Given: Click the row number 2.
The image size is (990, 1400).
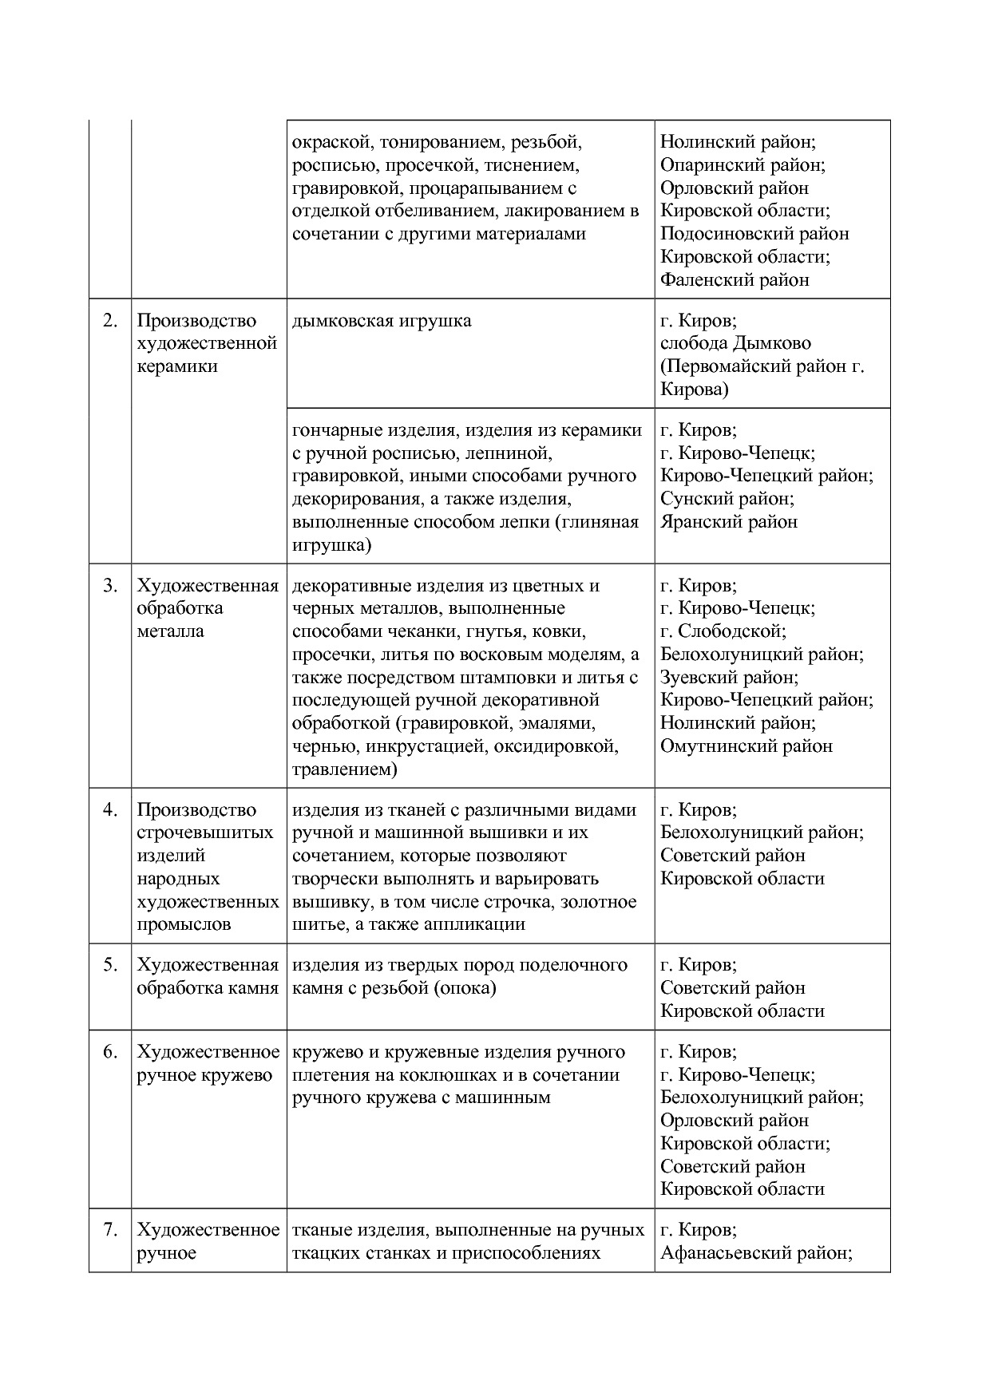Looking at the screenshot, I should (x=110, y=321).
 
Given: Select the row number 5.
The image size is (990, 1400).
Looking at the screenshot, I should (x=110, y=965).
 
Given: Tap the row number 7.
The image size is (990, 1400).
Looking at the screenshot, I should (x=110, y=1230).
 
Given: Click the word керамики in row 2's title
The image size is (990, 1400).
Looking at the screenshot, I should (x=177, y=367).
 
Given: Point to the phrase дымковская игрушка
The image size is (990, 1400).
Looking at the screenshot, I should (x=382, y=321).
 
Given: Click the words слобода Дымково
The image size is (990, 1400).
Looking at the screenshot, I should (x=735, y=344).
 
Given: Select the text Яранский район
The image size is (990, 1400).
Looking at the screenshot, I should (x=728, y=522).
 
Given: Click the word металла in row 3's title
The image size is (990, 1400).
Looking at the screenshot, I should (x=170, y=631).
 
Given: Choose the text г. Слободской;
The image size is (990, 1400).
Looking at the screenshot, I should (x=723, y=631).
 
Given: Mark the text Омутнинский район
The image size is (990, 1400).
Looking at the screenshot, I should (x=746, y=746).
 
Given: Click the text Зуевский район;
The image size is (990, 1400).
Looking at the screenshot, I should (x=729, y=678).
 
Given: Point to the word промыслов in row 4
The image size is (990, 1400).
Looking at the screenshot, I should (x=184, y=925).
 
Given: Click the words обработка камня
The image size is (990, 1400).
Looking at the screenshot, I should (x=208, y=988).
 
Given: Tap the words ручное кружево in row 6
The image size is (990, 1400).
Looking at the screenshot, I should (x=204, y=1075).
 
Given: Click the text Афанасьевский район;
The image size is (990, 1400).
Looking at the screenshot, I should (x=756, y=1253).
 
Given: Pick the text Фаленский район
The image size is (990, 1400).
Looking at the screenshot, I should (x=735, y=280).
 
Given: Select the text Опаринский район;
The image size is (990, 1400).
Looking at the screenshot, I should (x=742, y=165).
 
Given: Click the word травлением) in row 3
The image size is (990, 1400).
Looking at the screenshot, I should (x=344, y=770).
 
